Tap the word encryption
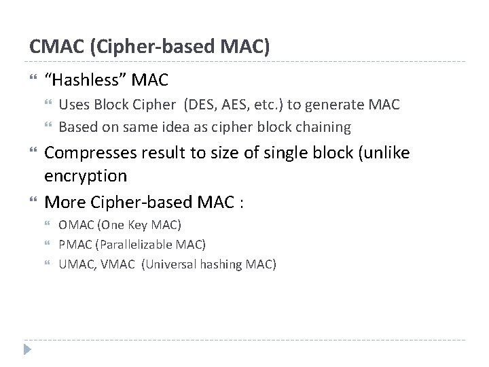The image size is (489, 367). [x=86, y=176]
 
